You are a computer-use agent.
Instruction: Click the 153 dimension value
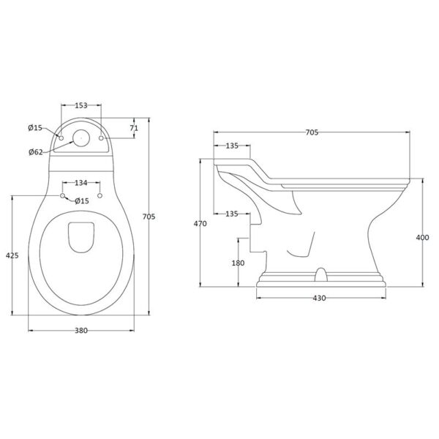[x=81, y=105]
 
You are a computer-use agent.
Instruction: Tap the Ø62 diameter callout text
[x=36, y=152]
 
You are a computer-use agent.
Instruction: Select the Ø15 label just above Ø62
[x=35, y=128]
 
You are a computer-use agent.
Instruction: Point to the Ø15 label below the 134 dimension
[x=82, y=200]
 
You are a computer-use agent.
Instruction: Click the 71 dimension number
[x=134, y=128]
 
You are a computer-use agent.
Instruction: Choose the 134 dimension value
[x=81, y=183]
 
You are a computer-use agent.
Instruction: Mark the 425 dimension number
[x=12, y=255]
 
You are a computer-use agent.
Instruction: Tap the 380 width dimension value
[x=81, y=331]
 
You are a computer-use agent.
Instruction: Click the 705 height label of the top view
[x=149, y=217]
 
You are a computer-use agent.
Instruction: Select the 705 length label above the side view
[x=312, y=132]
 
